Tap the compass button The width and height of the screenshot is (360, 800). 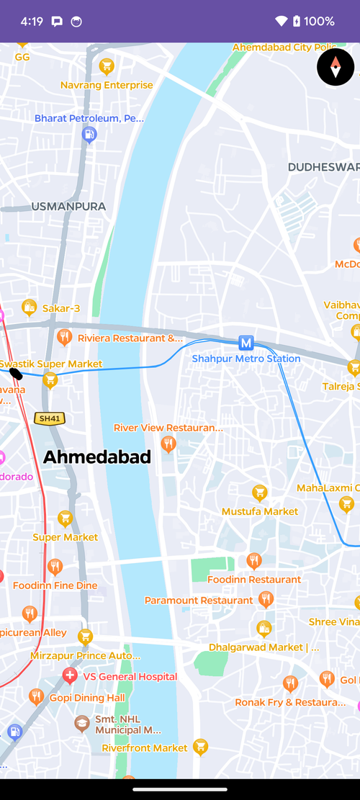[336, 68]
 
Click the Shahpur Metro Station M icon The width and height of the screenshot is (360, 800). [246, 343]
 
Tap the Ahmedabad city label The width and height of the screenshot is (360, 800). [97, 457]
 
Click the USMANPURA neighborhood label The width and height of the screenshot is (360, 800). [68, 207]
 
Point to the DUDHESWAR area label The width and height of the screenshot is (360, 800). [323, 167]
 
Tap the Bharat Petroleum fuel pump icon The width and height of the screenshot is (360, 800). [89, 134]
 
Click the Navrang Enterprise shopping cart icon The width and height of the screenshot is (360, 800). [107, 67]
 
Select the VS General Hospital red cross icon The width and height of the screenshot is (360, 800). [70, 675]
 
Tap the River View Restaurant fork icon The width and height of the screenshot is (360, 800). [168, 444]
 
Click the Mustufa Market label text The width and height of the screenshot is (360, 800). [260, 511]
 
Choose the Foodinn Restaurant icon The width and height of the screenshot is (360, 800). [253, 561]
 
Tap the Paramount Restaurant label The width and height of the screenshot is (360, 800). [199, 601]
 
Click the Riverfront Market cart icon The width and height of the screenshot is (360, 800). [201, 747]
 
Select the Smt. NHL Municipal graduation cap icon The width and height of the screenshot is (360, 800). [83, 722]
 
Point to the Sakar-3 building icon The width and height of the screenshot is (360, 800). [30, 307]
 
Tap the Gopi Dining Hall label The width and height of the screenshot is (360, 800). [87, 698]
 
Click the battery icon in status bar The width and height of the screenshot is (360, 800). [296, 22]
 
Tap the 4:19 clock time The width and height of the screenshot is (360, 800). [32, 22]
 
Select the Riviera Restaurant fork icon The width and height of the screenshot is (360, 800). [64, 336]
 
